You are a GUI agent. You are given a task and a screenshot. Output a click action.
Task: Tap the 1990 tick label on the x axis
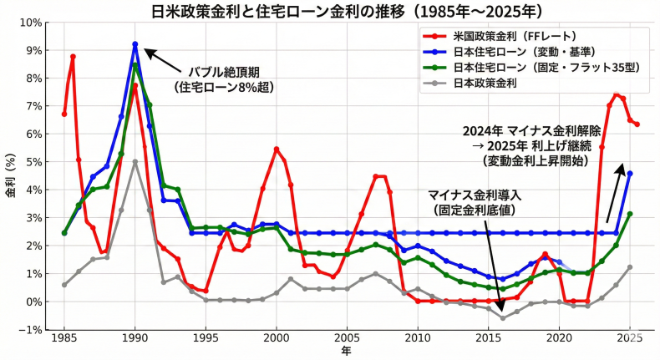pos(135,340)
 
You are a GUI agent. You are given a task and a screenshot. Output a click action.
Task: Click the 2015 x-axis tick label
pos(489,340)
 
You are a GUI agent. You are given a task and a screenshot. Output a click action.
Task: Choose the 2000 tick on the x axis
pos(277,340)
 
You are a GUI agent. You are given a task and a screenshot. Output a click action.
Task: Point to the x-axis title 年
pos(346,352)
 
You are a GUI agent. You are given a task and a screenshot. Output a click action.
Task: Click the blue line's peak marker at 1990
pos(135,44)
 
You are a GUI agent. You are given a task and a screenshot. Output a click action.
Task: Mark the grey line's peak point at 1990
pos(135,162)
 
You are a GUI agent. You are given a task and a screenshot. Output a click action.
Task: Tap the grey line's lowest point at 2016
pos(503,317)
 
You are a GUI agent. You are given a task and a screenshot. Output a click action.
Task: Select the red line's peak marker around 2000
pos(277,149)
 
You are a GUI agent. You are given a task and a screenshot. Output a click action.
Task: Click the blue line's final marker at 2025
pos(630,174)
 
